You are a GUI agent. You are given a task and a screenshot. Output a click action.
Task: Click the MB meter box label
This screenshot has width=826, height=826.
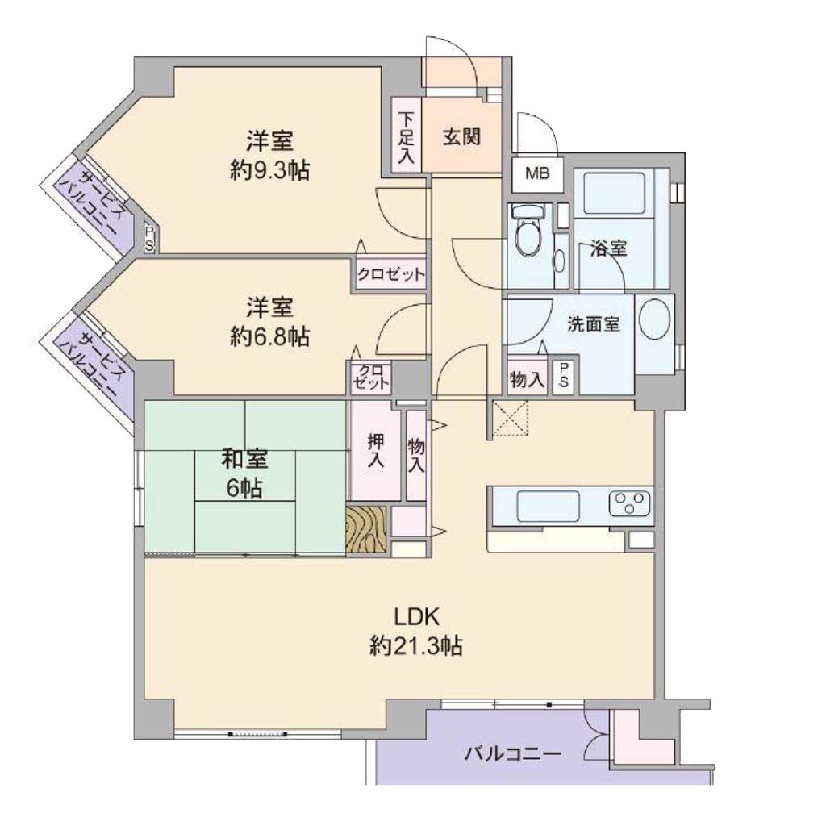537,173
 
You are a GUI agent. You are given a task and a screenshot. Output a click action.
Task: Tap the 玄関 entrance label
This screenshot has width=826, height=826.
461,137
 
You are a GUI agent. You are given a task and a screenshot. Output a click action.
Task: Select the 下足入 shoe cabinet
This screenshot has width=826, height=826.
407,135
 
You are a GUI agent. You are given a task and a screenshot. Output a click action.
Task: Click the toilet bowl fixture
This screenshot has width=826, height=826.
528,232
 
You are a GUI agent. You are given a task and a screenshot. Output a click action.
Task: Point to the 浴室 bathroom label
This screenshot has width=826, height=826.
608,248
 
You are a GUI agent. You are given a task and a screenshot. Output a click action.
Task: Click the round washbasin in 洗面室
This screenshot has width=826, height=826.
654,319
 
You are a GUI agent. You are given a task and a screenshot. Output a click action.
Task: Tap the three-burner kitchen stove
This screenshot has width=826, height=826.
630,503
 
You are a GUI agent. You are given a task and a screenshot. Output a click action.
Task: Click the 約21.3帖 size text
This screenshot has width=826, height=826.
415,645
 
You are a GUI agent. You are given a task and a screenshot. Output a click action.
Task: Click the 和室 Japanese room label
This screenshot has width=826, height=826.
244,459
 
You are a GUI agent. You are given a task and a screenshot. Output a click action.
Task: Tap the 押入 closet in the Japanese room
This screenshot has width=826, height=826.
376,451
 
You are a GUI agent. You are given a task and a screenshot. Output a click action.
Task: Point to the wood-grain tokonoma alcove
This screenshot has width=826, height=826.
366,530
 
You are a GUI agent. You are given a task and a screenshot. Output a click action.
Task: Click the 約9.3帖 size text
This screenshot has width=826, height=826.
269,171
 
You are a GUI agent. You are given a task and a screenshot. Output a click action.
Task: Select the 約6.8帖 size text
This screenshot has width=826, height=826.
269,336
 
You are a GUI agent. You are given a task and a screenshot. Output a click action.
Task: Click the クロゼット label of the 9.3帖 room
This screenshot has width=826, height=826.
390,274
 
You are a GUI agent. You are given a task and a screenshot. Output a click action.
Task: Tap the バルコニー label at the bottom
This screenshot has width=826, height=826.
512,754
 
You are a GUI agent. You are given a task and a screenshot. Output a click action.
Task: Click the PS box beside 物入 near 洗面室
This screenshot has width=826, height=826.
564,374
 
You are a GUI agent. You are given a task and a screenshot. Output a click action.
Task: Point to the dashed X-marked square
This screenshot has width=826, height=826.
510,419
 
